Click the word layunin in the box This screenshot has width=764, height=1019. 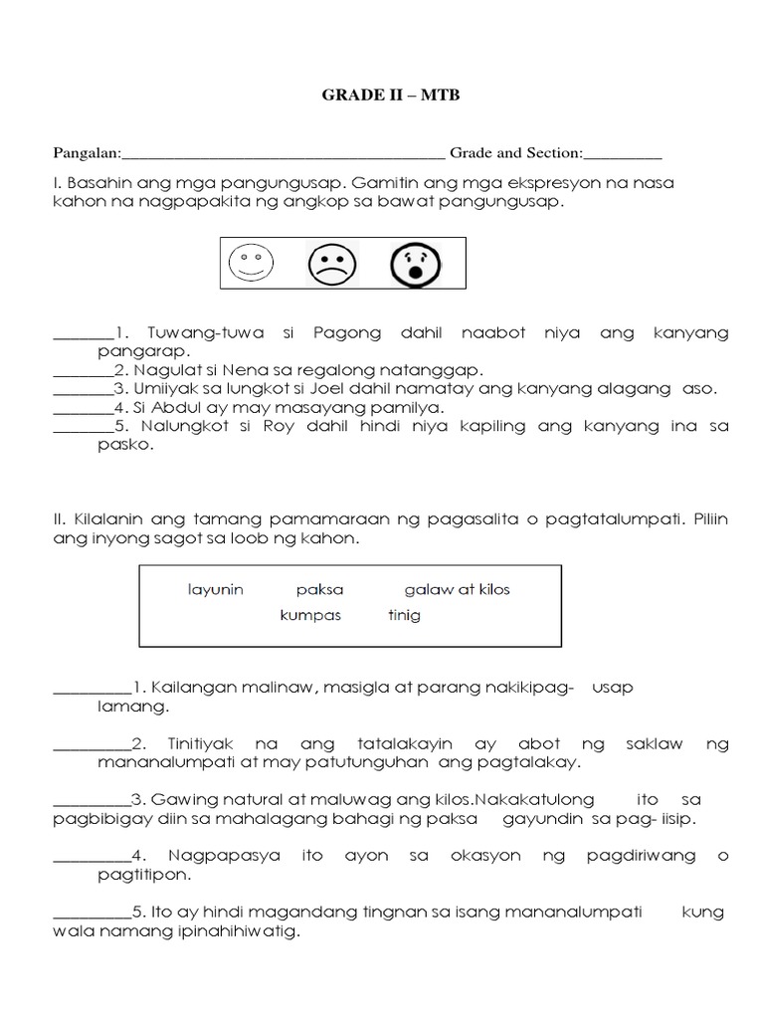pos(215,589)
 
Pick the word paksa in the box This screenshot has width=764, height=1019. pos(318,589)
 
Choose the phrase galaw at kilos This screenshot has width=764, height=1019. pos(457,589)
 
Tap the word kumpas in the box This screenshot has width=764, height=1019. pos(310,615)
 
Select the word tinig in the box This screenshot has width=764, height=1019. pos(404,615)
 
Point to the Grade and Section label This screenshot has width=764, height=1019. pos(514,153)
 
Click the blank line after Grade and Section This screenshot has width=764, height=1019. pos(623,155)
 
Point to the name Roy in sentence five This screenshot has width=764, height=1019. pos(296,426)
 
